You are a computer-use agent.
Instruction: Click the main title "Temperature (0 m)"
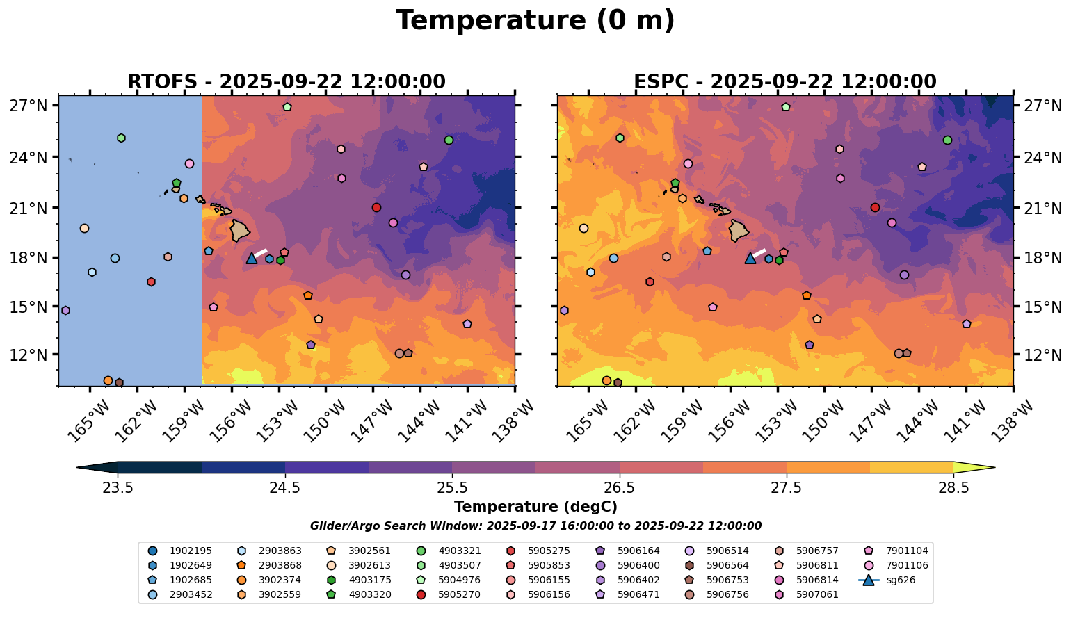tap(535, 21)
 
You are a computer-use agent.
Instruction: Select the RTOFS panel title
tap(286, 82)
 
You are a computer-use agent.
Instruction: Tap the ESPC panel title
tap(784, 82)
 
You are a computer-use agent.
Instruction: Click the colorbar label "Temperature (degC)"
tap(535, 507)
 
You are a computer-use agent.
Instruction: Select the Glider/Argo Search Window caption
tap(535, 526)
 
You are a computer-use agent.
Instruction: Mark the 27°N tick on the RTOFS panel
tap(29, 106)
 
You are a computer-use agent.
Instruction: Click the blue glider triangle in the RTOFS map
tap(252, 258)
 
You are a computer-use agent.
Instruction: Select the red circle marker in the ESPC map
tap(875, 207)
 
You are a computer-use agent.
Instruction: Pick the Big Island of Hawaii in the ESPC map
tap(739, 230)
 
